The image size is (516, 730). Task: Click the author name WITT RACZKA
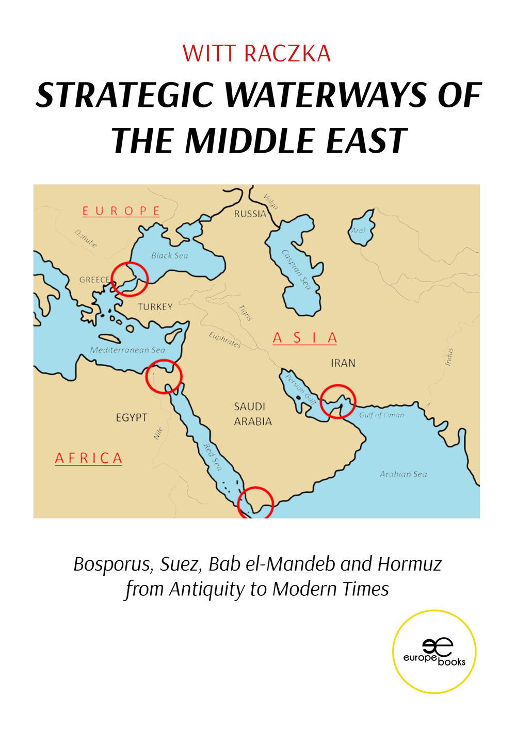(256, 54)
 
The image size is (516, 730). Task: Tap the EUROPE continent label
(121, 211)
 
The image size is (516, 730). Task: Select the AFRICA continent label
(89, 458)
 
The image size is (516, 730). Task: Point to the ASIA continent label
(305, 338)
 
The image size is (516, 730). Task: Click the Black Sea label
(170, 255)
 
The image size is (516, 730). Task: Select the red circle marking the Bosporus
(130, 279)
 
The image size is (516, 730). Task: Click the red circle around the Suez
(164, 377)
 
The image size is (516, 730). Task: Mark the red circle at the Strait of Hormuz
(338, 401)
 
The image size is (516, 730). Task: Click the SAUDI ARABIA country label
(252, 414)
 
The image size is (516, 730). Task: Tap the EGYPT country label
(132, 417)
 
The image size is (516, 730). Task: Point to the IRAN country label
(343, 363)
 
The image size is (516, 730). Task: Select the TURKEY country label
(155, 307)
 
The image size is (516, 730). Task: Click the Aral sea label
(358, 230)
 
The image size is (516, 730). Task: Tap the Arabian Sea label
(403, 474)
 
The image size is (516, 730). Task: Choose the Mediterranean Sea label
(127, 350)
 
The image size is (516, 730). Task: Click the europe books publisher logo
(434, 652)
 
